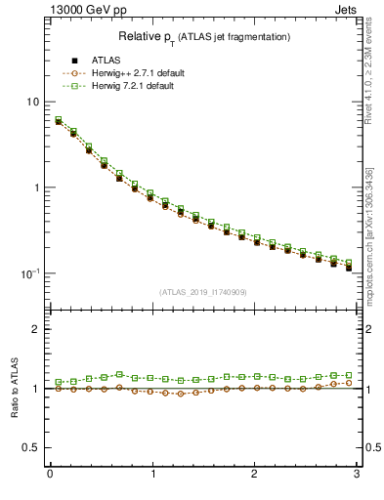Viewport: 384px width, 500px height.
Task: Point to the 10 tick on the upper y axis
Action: click(33, 103)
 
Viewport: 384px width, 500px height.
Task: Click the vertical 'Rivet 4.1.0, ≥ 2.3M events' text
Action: click(375, 73)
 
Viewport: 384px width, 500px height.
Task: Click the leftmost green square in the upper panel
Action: click(59, 120)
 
